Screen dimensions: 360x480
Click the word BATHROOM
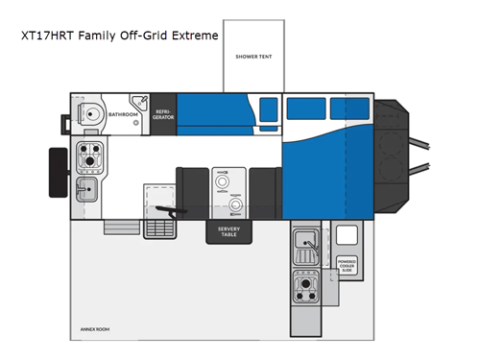coord(123,115)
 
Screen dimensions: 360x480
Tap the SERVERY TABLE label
coord(228,230)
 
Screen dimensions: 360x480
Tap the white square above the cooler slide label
coord(347,232)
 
